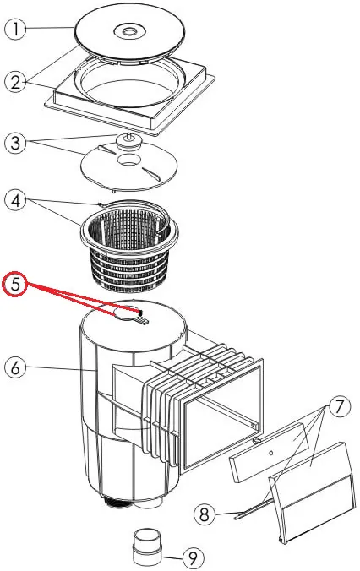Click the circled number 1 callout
coord(15,30)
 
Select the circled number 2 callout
coord(15,82)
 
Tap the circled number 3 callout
coord(15,142)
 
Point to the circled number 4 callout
coord(15,200)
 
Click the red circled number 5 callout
coord(14,284)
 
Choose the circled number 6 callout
coord(15,367)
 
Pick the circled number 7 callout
coord(339,406)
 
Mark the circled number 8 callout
coord(205,514)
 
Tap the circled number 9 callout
coord(193,557)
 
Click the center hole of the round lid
coord(128,31)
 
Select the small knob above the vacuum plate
coord(128,140)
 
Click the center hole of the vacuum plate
coord(128,160)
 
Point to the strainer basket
coord(129,245)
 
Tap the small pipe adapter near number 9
coord(146,546)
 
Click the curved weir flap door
coord(312,492)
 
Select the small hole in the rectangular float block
coord(270,453)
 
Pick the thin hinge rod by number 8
coord(254,508)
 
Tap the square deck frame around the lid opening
coord(129,96)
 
